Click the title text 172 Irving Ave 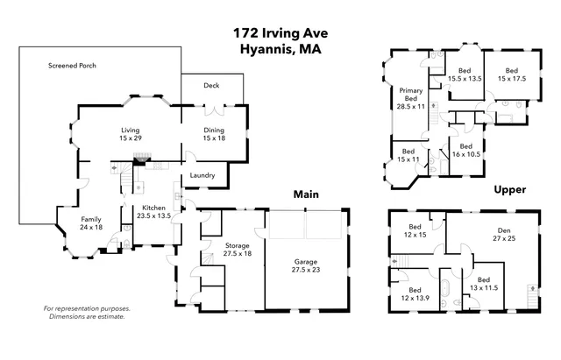tap(280, 32)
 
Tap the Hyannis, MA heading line tap(280, 50)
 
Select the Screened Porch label tap(73, 66)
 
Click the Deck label tap(210, 86)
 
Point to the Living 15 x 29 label tap(131, 133)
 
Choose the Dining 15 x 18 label tap(214, 133)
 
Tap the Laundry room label tap(204, 175)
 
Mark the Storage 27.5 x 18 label tap(237, 248)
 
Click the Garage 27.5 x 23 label tap(307, 265)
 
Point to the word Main tap(305, 194)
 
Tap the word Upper tap(509, 189)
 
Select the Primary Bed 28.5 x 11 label tap(411, 97)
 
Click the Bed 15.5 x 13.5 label tap(465, 74)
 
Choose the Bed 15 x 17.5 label tap(512, 74)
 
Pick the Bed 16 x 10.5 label tap(465, 150)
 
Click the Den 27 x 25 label tap(502, 235)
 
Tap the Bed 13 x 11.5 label tap(483, 283)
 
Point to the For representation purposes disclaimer tap(87, 313)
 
